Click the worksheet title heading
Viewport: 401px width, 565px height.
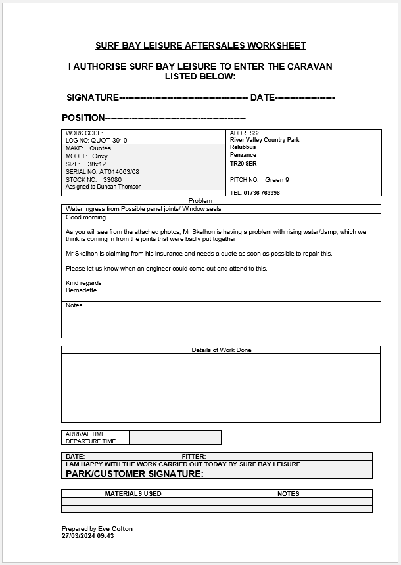200,45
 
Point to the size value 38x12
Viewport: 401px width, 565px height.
97,164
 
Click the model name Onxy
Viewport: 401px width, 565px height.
100,156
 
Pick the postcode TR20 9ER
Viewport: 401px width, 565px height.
243,163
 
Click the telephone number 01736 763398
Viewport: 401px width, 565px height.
262,193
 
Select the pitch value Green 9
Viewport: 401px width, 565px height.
277,179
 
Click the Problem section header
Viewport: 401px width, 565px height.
200,201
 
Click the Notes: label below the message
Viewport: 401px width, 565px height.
75,305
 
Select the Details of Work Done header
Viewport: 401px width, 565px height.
222,350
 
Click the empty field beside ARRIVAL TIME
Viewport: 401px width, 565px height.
175,434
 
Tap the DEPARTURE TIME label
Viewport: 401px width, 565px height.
91,441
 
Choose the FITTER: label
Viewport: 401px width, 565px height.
194,456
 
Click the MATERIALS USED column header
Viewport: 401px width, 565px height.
133,493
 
